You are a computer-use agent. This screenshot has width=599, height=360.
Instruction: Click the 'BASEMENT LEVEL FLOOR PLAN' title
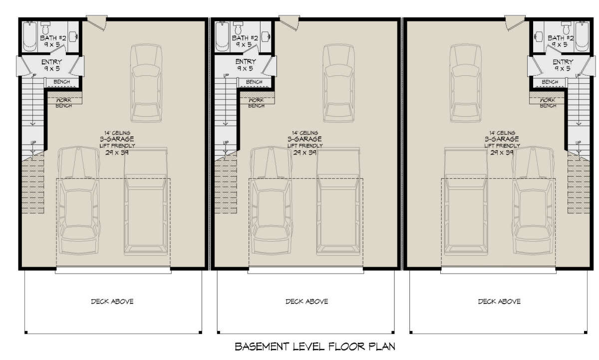315,347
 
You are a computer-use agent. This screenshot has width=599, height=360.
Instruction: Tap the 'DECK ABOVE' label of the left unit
112,302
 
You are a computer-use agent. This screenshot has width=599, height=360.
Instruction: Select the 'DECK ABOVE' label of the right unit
499,302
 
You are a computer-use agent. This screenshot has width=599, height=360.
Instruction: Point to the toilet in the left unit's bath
45,27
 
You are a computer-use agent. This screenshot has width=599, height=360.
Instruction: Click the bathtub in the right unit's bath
582,36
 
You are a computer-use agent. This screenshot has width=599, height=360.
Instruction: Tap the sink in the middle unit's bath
266,36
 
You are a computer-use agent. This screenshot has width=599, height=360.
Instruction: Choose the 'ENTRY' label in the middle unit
246,61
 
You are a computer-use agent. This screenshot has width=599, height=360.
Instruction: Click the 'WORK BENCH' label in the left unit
64,103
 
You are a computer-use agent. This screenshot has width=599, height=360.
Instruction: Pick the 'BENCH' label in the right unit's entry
550,82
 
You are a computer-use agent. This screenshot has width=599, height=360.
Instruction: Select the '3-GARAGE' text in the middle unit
304,139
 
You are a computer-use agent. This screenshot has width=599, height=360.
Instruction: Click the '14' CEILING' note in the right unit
502,133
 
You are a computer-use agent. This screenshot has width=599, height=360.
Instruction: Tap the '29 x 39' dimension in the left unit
117,153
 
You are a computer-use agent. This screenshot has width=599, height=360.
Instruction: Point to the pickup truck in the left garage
146,201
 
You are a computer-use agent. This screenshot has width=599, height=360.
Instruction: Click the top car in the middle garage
339,83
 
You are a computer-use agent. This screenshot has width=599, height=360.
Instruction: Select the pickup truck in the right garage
466,201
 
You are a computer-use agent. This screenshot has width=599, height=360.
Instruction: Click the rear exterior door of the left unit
97,22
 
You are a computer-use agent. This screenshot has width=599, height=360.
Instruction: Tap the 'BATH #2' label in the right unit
561,38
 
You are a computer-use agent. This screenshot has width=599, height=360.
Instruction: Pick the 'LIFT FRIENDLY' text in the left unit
117,146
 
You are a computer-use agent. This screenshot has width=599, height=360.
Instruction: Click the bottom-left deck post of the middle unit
219,333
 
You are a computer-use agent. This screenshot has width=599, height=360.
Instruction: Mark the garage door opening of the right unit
499,270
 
